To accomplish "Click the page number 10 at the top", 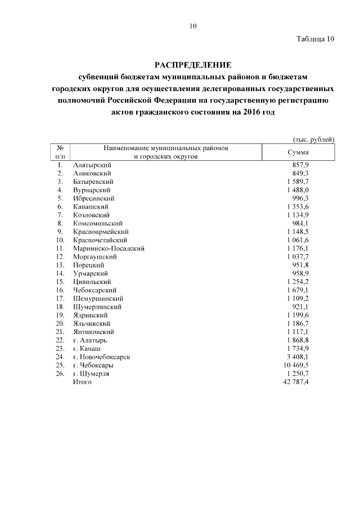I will pos(193,26).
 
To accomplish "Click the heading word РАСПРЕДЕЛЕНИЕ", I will pos(193,65).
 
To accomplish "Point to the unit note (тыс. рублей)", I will pos(314,139).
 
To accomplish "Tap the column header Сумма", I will pos(298,152).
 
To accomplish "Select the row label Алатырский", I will pos(92,165).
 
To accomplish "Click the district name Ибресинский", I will pos(94,199).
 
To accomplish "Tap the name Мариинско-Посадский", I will pos(109,248).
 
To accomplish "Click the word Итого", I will pos(82,382).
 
